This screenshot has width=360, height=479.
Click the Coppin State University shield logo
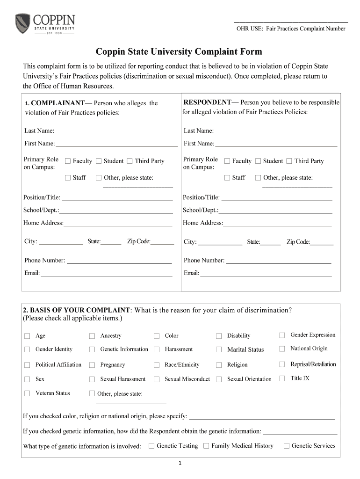point(23,23)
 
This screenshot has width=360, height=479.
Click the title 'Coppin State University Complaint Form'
point(179,51)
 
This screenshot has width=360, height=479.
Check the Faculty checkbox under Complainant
point(68,161)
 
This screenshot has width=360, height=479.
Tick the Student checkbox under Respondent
point(258,161)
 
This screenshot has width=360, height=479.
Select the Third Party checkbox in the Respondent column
point(289,161)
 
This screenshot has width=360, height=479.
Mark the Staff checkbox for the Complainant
point(68,178)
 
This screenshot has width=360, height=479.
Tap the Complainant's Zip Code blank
point(162,243)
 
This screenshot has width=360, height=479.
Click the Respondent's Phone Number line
point(278,261)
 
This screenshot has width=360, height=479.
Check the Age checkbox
point(27,336)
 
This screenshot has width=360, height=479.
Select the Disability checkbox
point(219,336)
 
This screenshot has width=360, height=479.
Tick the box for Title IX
point(282,378)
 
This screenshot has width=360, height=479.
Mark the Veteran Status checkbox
point(27,393)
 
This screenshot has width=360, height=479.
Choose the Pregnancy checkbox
point(92,365)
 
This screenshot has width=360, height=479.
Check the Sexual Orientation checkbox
point(219,379)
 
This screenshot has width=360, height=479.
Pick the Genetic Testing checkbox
point(151,446)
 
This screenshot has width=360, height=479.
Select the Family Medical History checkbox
point(206,446)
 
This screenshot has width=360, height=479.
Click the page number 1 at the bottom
point(180,464)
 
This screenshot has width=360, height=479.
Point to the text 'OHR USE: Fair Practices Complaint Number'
point(290,29)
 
